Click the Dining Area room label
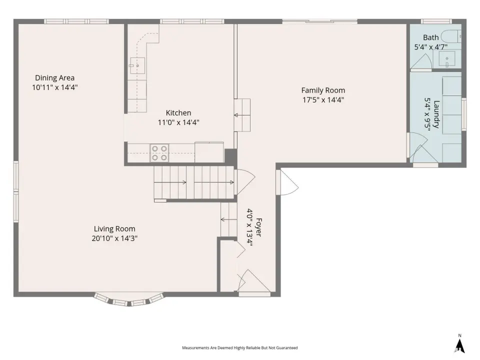[x=55, y=78]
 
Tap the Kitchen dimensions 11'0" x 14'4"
[x=178, y=122]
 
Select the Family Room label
[x=323, y=90]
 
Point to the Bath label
[x=430, y=37]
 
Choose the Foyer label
[x=258, y=227]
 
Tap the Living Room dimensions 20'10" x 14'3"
[x=114, y=238]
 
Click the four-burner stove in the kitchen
[x=159, y=153]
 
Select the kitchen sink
[x=137, y=65]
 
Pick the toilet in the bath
[x=452, y=36]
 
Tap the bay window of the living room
[x=129, y=299]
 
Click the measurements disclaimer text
[x=239, y=348]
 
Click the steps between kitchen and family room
[x=242, y=115]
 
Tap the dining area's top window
[x=76, y=21]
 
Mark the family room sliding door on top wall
[x=320, y=21]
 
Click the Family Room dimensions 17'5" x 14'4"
[x=323, y=100]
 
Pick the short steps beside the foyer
[x=229, y=219]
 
